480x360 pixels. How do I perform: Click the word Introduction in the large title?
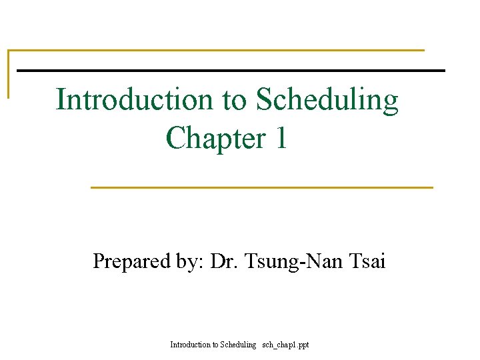[x=134, y=100]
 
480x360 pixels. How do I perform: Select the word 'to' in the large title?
[x=233, y=101]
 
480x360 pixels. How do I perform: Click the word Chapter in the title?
[x=215, y=139]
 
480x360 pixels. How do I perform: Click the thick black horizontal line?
[x=230, y=70]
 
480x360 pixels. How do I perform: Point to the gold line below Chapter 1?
[x=261, y=187]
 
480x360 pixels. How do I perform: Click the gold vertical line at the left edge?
[x=8, y=73]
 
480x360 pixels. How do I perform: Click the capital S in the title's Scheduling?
[x=264, y=100]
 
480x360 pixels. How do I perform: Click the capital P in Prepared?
[x=99, y=261]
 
